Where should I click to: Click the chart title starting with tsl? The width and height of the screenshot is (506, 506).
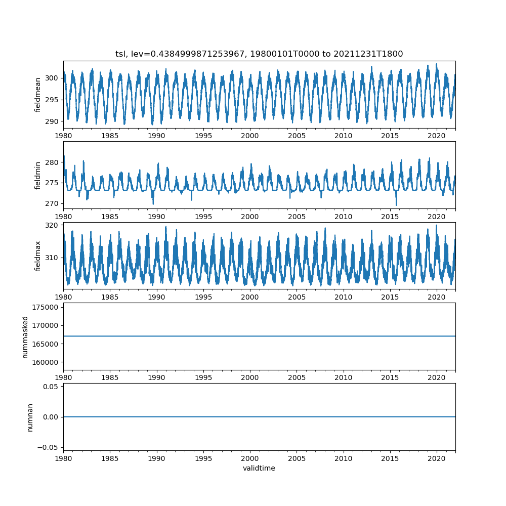click(259, 54)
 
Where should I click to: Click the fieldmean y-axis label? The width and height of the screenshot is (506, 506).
click(37, 95)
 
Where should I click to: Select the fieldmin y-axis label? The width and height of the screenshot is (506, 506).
click(37, 175)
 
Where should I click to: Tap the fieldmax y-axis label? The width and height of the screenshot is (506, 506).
click(37, 256)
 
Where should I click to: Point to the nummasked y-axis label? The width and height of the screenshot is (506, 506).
click(25, 336)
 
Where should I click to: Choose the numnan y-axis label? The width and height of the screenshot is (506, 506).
click(30, 417)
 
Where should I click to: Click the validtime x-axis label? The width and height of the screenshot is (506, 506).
click(259, 468)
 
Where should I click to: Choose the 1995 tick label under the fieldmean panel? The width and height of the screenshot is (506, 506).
click(203, 136)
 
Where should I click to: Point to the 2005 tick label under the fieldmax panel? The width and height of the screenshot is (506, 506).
click(297, 297)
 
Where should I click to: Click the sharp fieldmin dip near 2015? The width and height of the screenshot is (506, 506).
click(396, 204)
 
